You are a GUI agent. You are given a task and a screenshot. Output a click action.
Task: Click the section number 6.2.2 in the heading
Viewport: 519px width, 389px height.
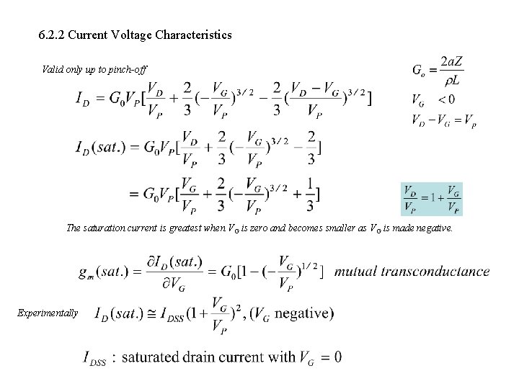point(49,35)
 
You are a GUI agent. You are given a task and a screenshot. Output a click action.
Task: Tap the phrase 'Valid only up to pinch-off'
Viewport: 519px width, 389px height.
point(95,70)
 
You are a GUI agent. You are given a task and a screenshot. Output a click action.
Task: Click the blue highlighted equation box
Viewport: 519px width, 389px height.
point(431,200)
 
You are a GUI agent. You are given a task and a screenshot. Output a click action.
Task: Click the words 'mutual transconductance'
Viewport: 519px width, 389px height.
point(412,272)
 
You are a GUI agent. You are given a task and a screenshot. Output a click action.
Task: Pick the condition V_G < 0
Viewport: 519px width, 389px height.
point(432,99)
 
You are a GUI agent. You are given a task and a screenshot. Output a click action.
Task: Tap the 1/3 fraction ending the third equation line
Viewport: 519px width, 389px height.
point(309,196)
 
